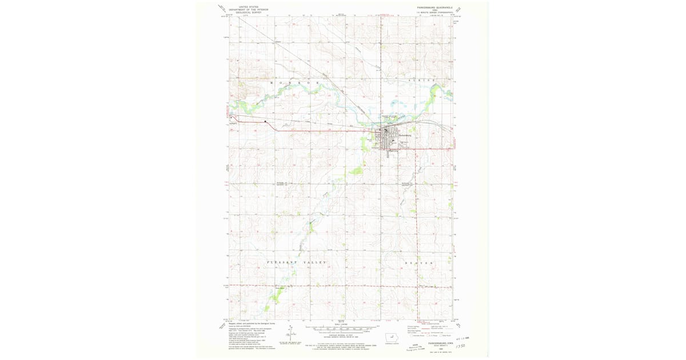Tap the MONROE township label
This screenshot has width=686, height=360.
pos(294,83)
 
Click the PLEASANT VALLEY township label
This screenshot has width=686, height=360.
pos(297,262)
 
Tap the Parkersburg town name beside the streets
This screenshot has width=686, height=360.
pos(405,135)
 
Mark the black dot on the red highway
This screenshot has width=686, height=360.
pos(265,121)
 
